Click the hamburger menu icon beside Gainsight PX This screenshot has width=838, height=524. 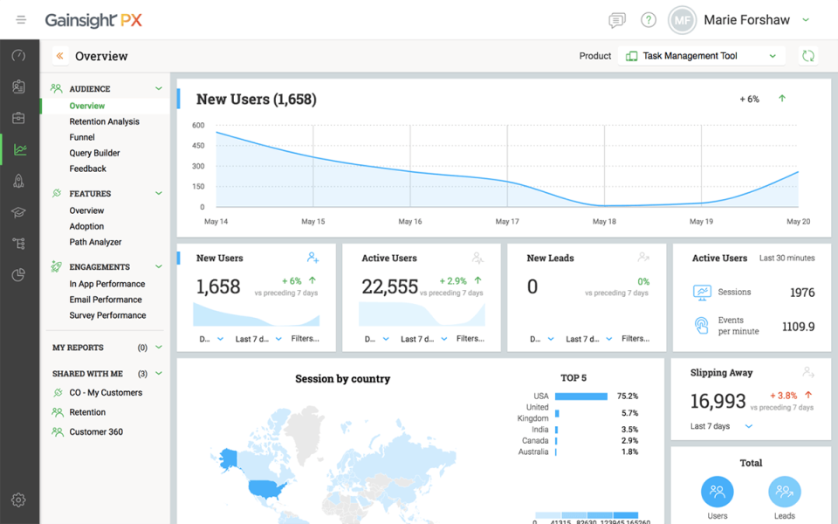(x=21, y=20)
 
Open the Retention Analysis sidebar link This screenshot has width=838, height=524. (x=104, y=121)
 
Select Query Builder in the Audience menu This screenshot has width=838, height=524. (x=94, y=153)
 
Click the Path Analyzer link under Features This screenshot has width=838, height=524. (x=95, y=242)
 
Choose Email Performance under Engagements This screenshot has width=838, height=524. (x=106, y=300)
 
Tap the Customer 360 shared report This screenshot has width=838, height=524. (x=96, y=431)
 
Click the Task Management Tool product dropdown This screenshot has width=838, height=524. (x=702, y=56)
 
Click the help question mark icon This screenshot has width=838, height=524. (x=648, y=20)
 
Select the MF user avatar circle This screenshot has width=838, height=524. (x=683, y=20)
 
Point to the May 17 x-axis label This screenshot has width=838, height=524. (x=507, y=222)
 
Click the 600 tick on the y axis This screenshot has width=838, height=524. (x=198, y=125)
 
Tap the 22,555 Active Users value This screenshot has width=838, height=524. (x=389, y=287)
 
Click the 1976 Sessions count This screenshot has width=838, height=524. (x=801, y=293)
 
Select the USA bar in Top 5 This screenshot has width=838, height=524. (x=580, y=396)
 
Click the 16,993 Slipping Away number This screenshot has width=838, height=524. (x=718, y=401)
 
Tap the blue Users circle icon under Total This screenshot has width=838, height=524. (x=717, y=493)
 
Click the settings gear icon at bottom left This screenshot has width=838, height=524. (x=19, y=500)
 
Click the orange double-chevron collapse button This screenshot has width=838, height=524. (x=59, y=56)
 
